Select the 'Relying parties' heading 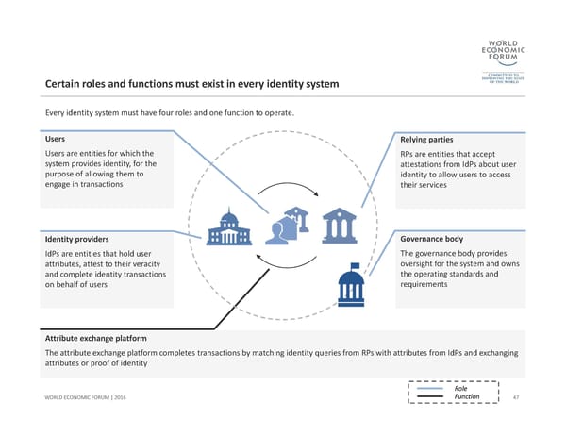(x=428, y=140)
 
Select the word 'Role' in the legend (x=461, y=388)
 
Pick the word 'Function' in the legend (x=467, y=397)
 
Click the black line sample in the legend (x=429, y=397)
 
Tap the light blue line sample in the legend (x=429, y=388)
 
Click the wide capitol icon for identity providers (x=228, y=227)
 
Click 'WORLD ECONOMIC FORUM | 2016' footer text (x=86, y=398)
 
